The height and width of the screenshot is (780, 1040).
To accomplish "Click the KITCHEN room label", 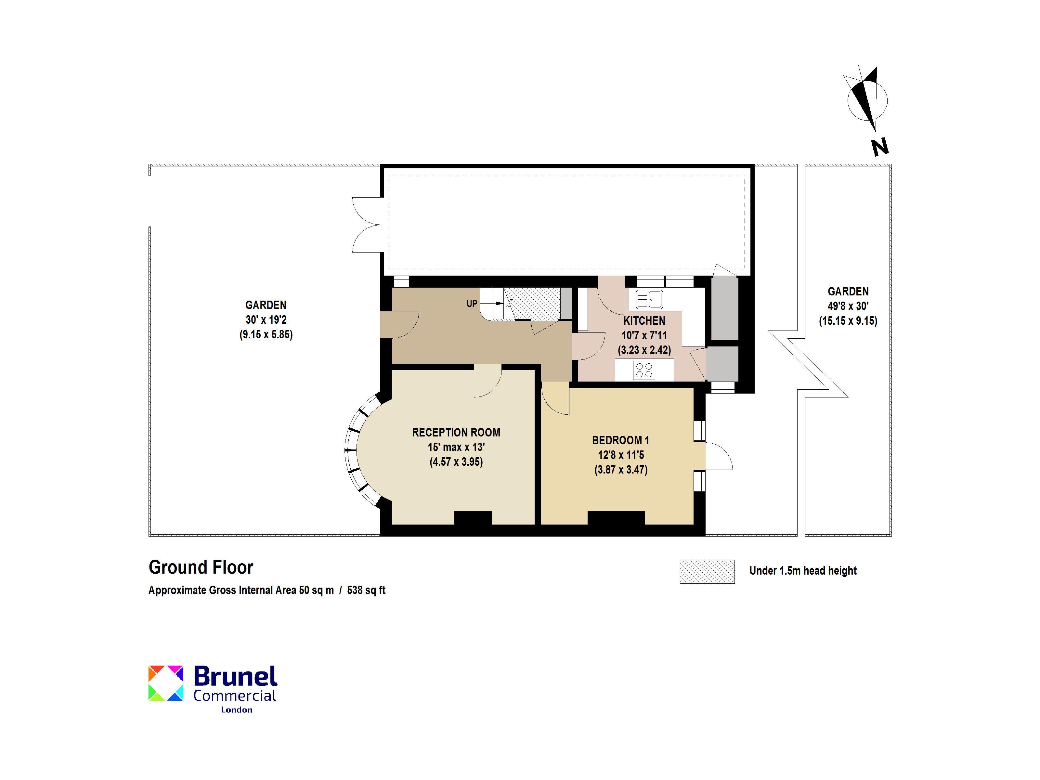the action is tap(644, 321).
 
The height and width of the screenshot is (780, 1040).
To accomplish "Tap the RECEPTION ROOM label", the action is tap(456, 433).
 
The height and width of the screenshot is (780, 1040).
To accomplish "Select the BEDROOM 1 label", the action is tap(621, 441).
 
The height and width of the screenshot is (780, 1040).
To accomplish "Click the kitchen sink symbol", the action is tap(649, 299).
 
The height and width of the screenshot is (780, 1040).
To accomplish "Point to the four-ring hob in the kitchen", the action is tap(644, 370).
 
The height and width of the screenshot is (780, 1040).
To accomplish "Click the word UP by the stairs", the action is tap(472, 304).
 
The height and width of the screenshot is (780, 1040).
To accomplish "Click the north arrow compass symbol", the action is tap(866, 99).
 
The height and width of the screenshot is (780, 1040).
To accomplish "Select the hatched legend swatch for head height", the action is tap(707, 572).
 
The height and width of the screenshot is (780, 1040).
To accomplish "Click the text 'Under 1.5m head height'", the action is tap(803, 571).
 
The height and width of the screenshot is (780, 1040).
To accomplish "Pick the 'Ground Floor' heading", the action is tap(201, 567).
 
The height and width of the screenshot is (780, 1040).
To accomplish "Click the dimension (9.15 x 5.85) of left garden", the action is tap(266, 335).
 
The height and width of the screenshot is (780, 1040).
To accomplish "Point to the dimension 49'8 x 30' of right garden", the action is tap(848, 306).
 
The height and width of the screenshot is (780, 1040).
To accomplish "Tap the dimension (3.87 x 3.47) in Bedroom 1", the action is tap(621, 470).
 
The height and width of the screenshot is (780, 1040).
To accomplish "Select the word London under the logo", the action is tap(237, 710).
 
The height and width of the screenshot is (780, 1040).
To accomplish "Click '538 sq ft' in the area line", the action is tap(366, 591).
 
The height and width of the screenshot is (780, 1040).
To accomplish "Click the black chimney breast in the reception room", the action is tap(473, 518).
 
